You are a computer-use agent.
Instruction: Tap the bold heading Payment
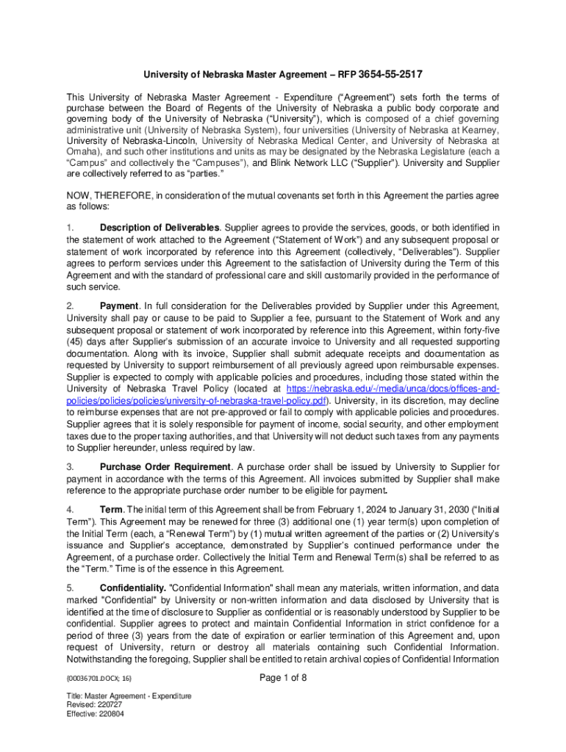(118, 305)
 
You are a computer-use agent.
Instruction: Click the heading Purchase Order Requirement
(165, 467)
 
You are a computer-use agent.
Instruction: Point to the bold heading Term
(112, 510)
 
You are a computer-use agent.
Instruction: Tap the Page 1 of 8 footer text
(283, 679)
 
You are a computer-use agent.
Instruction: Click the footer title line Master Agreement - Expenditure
(129, 695)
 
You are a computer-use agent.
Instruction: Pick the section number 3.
(70, 467)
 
